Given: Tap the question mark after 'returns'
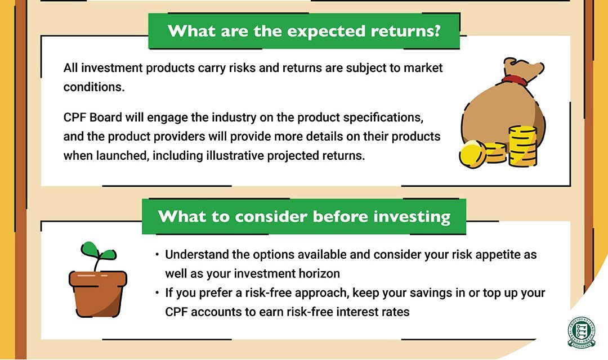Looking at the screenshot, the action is (x=437, y=30).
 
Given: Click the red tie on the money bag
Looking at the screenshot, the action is (x=515, y=80).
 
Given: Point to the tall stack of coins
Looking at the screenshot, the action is (x=522, y=146).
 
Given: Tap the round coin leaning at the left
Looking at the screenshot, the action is (x=472, y=154).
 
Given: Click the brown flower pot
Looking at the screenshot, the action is (x=98, y=294).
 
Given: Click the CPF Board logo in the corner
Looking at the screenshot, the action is (x=581, y=332).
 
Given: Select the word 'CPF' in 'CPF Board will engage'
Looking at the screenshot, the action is (x=75, y=117).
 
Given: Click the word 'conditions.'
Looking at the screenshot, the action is (x=94, y=87).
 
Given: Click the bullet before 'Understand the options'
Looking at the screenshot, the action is (x=157, y=255).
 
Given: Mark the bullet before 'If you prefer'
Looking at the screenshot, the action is (x=157, y=292).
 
